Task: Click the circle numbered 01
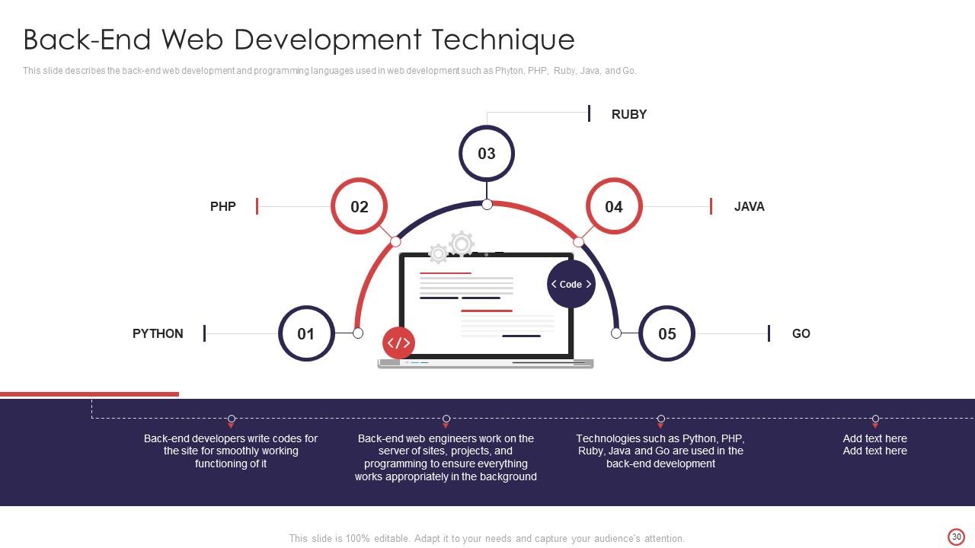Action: pyautogui.click(x=306, y=333)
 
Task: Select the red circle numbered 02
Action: pyautogui.click(x=360, y=206)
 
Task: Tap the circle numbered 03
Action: pyautogui.click(x=487, y=154)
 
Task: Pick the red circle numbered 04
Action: pyautogui.click(x=614, y=206)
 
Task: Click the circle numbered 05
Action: pyautogui.click(x=667, y=333)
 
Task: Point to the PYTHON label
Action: pyautogui.click(x=158, y=333)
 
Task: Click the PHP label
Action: pyautogui.click(x=223, y=206)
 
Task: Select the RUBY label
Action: pyautogui.click(x=629, y=114)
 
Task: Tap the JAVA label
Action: pyautogui.click(x=750, y=206)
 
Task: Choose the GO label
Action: pyautogui.click(x=801, y=333)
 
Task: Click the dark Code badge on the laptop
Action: pyautogui.click(x=571, y=284)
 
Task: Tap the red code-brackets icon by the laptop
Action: pyautogui.click(x=398, y=343)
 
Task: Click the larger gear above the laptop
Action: pyautogui.click(x=462, y=244)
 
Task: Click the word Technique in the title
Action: pyautogui.click(x=503, y=39)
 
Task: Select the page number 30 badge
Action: pyautogui.click(x=957, y=537)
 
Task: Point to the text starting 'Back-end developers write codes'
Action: pyautogui.click(x=231, y=451)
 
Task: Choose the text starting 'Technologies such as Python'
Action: pyautogui.click(x=660, y=451)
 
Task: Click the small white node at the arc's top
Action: pyautogui.click(x=487, y=204)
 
